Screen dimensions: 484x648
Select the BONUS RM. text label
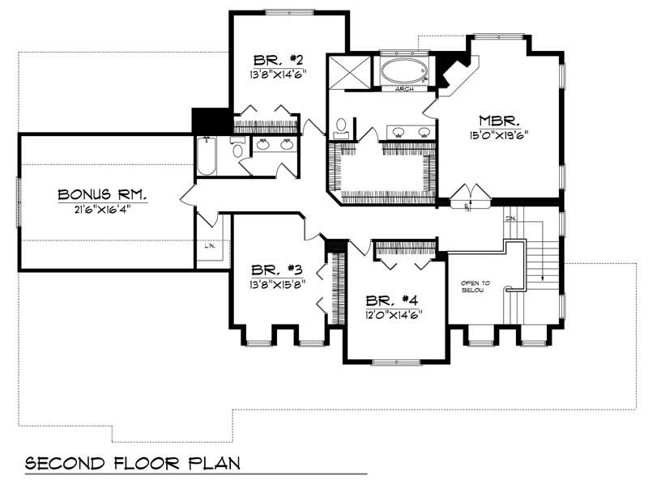click(102, 194)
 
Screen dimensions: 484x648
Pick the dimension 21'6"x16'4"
click(102, 208)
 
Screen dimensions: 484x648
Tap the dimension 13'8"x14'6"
click(278, 74)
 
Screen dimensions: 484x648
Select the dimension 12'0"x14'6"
click(393, 313)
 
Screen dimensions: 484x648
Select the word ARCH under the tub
click(404, 89)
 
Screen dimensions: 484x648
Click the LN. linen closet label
click(208, 246)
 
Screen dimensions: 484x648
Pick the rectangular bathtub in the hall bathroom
click(206, 156)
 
